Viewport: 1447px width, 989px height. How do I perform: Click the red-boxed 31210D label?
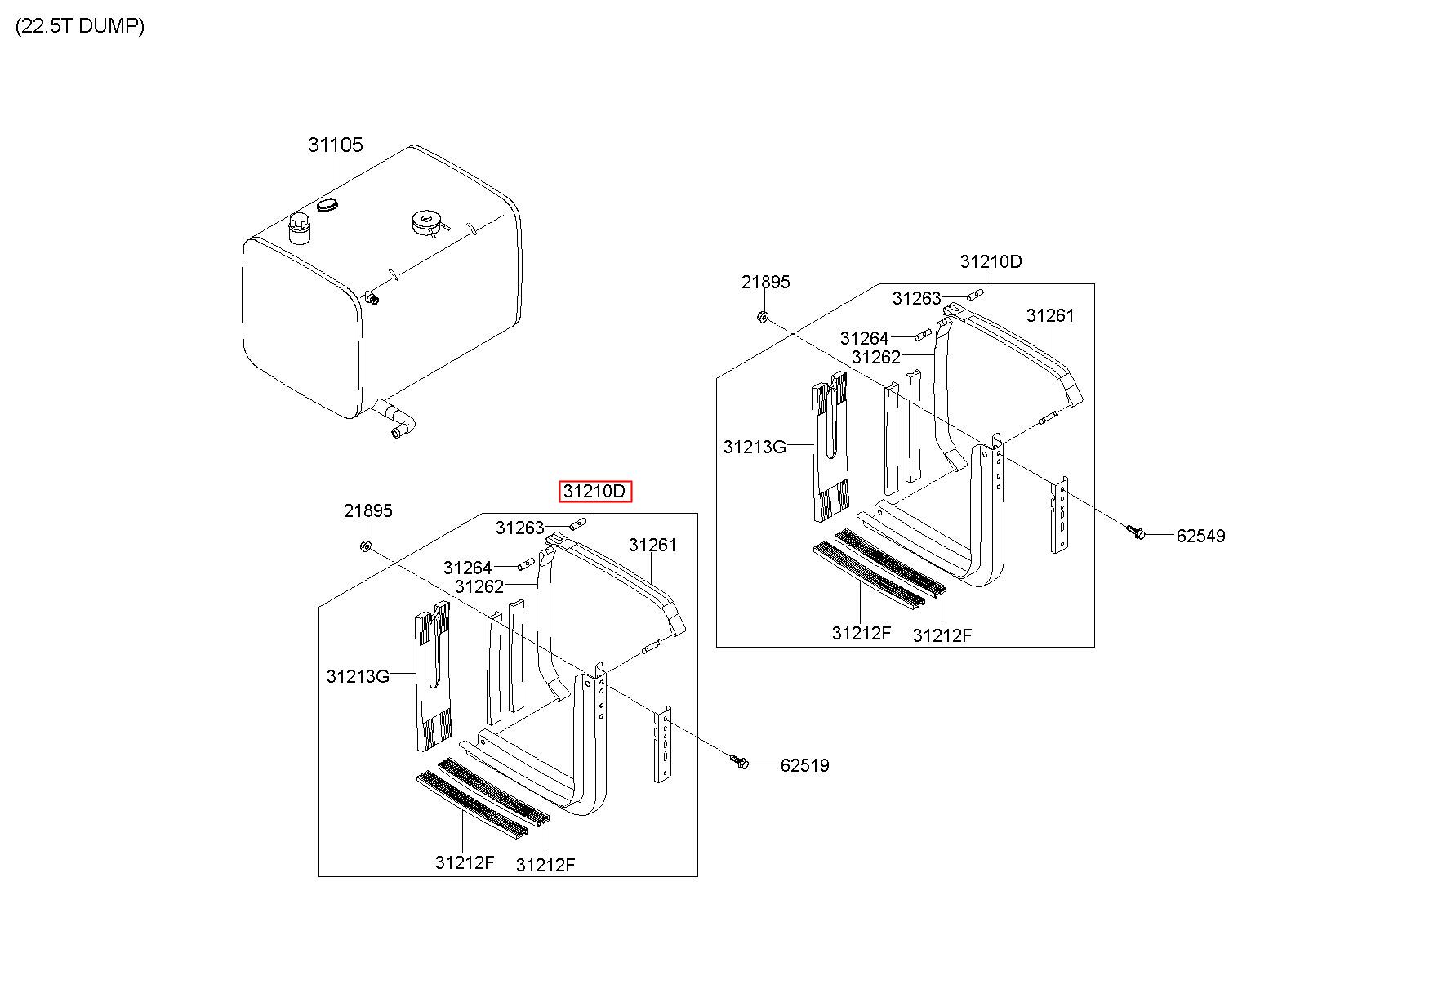595,492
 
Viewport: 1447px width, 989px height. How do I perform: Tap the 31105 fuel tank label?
335,145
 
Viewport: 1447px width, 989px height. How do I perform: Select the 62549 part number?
1200,536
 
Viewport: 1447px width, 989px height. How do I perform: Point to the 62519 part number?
804,765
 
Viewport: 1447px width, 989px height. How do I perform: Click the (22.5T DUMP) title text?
80,26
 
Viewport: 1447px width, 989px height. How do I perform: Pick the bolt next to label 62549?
1134,532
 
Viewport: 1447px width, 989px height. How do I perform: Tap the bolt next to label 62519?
740,761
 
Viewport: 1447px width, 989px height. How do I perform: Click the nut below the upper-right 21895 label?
761,317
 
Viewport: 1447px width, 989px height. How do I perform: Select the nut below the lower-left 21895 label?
366,545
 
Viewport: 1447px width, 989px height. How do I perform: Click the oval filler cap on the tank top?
328,203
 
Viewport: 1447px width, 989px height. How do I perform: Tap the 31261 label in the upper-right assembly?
1050,315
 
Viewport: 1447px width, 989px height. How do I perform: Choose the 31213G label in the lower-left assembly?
358,676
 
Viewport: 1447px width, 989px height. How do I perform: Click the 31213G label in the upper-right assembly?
755,447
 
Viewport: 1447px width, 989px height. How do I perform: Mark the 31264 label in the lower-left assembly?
467,568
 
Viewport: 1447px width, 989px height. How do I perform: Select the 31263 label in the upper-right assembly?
916,298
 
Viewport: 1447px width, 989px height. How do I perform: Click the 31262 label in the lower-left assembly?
479,586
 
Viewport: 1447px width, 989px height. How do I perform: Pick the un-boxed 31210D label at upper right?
991,261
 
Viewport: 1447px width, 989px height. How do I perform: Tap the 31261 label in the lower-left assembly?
652,545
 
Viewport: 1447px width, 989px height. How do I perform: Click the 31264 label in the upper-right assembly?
864,338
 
